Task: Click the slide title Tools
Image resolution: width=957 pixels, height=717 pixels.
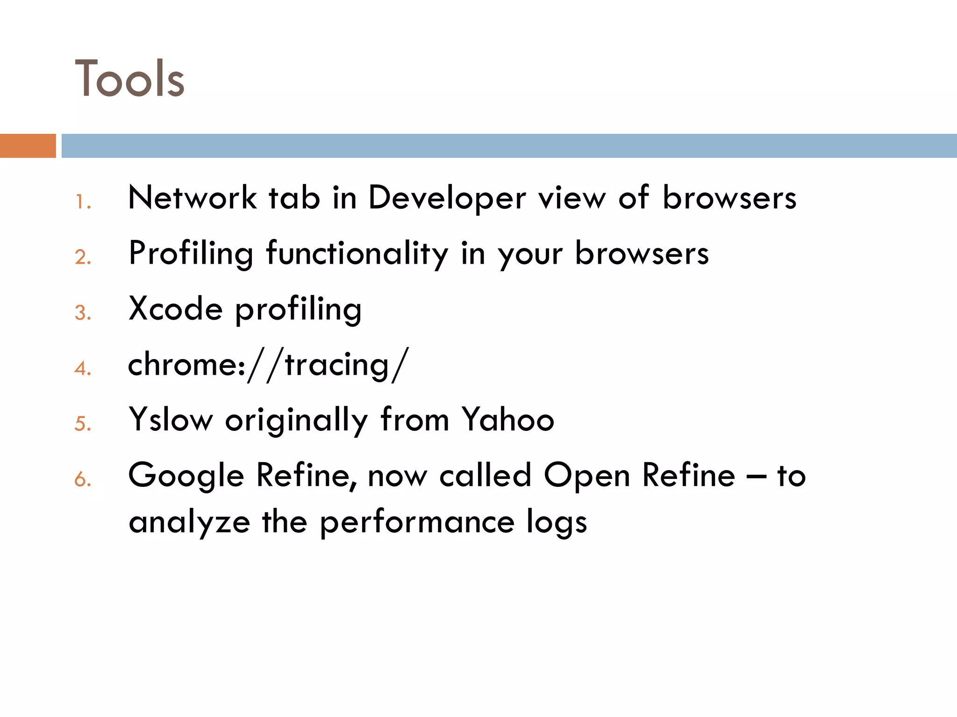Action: pos(129,78)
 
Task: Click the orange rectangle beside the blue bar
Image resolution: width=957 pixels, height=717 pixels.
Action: pos(28,146)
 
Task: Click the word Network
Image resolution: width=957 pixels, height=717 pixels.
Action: pos(192,197)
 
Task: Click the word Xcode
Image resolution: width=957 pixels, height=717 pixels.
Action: pos(176,309)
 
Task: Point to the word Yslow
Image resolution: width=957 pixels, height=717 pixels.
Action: pos(171,419)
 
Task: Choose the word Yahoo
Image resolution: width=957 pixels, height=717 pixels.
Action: pos(507,419)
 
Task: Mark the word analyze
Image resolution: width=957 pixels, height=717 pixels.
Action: pos(189,522)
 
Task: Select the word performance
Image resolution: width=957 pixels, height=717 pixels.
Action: pos(417,522)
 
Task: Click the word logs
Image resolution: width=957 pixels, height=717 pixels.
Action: pos(557,522)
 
